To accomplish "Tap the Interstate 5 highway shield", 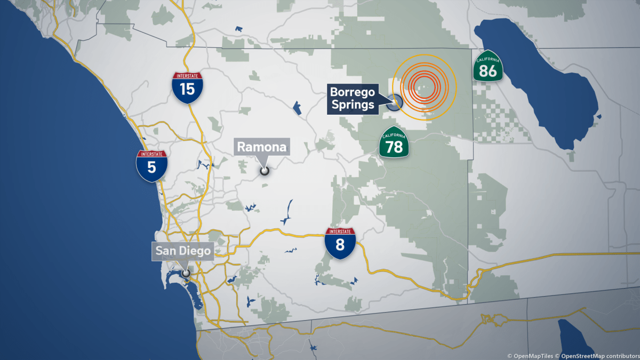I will point(151,165).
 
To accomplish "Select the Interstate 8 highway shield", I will point(340,243).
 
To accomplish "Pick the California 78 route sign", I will point(394,143).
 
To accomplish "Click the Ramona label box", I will point(262,147).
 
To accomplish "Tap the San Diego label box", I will point(183,251).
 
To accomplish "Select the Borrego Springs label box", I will point(353,98).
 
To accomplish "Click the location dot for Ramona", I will point(263,171).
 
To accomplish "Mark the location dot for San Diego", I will point(186,273).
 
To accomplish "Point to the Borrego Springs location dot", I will point(395,101).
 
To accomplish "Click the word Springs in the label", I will point(353,105).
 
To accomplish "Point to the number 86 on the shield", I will point(488,70).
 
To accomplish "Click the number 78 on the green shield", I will point(394,147).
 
